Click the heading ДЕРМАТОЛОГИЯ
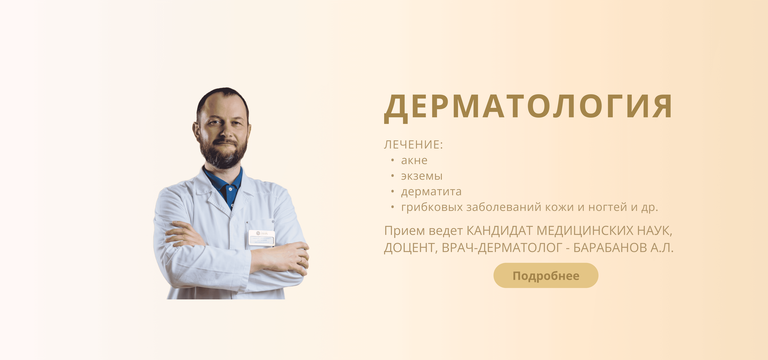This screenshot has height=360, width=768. [x=528, y=107]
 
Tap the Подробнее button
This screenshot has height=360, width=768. [x=546, y=276]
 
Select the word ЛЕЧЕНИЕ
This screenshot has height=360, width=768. [x=411, y=145]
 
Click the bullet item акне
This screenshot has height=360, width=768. [x=414, y=161]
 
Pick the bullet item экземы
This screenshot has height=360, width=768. [x=422, y=176]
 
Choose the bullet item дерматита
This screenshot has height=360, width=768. [x=431, y=192]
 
